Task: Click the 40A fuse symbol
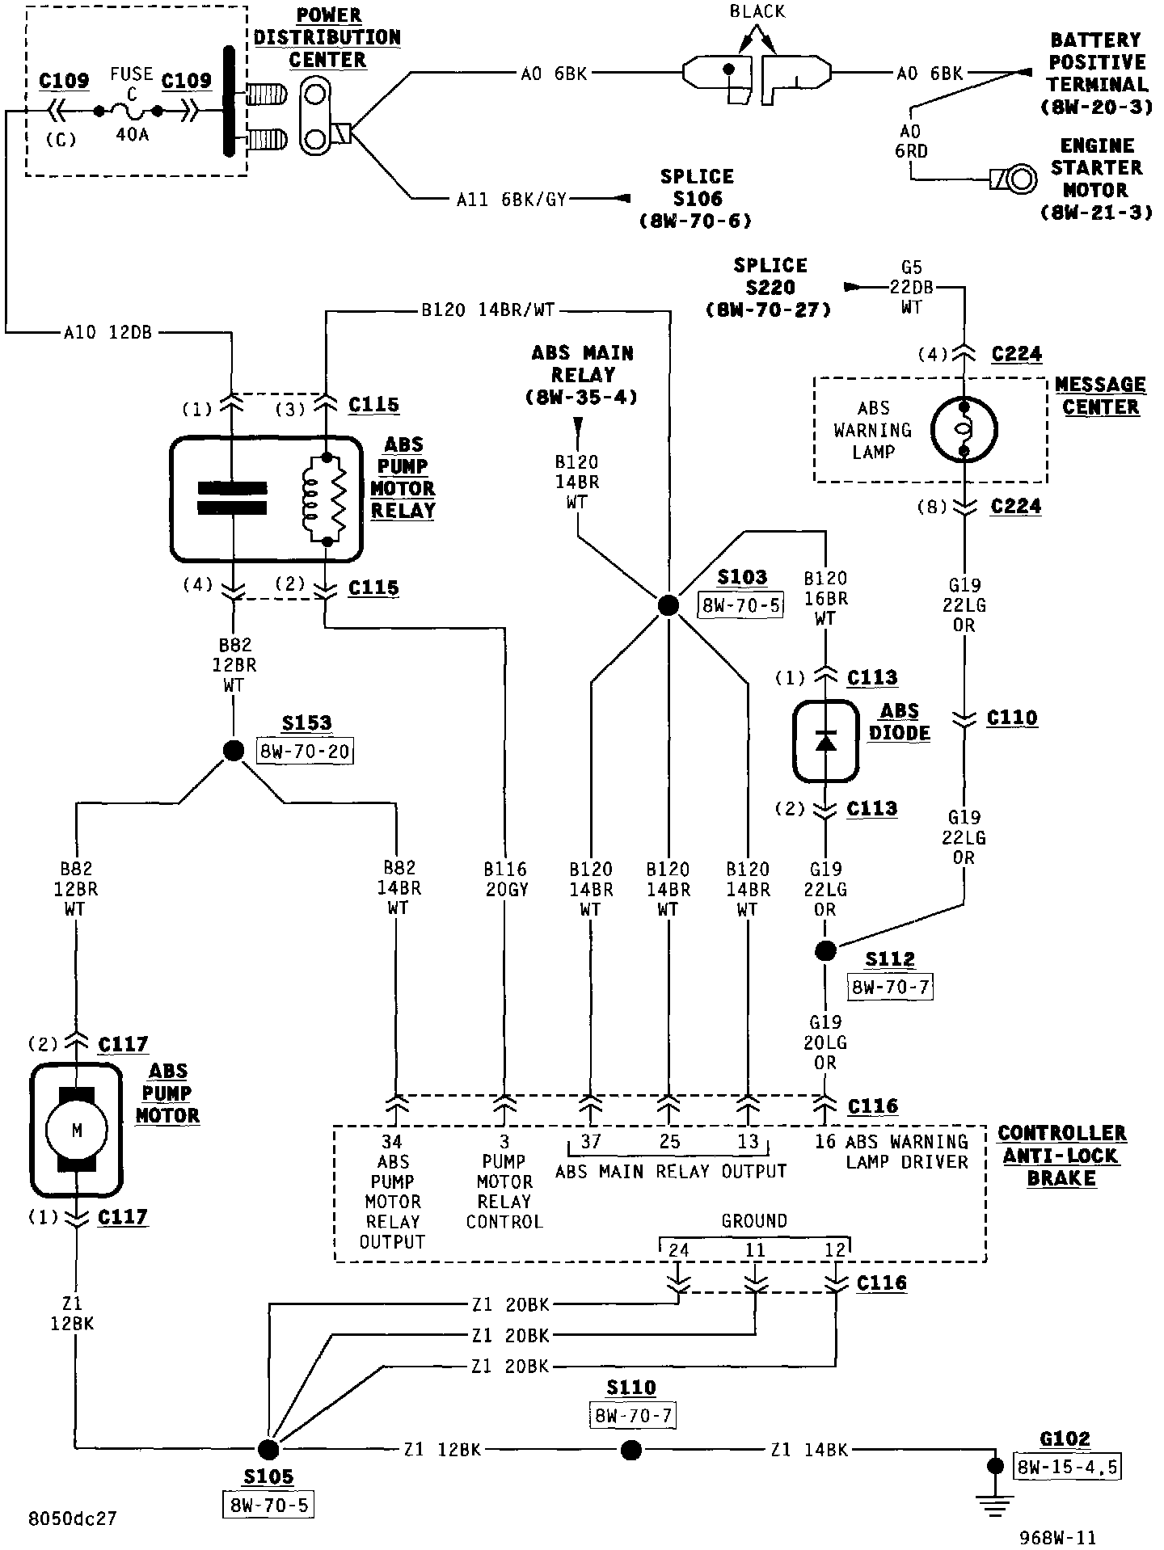pos(129,111)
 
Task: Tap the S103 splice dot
pos(668,604)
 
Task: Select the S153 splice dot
pos(233,751)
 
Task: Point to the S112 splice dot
pos(824,951)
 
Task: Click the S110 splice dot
pos(630,1450)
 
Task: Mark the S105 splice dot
pos(268,1450)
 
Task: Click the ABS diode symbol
pos(824,741)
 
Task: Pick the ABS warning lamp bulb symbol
pos(964,429)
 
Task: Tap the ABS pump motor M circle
pos(76,1131)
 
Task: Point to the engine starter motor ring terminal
pos(1022,178)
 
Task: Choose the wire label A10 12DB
pos(107,331)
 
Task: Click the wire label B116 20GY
pos(505,879)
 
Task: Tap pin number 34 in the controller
pos(392,1142)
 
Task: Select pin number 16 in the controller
pos(824,1142)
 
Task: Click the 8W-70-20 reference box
pos(305,751)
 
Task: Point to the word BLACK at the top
pos(757,11)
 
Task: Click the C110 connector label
pos(1012,718)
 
